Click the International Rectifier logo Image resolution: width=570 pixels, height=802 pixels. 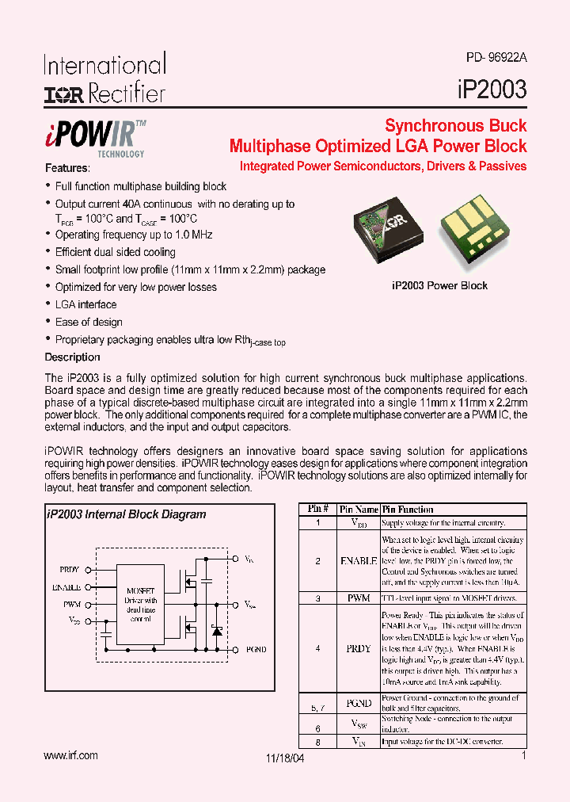coord(104,79)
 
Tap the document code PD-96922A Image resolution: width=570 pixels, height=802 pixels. coord(496,58)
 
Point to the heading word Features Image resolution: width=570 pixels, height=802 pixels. coord(67,169)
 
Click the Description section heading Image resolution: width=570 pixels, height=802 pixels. coord(72,357)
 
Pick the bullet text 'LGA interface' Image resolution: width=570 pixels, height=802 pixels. coord(85,304)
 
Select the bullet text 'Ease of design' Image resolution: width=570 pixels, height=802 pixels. coord(89,322)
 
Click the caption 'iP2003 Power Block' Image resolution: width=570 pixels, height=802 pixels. coord(439,285)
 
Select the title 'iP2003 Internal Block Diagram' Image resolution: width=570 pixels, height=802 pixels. coord(127,514)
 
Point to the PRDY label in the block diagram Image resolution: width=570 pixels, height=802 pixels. coord(70,570)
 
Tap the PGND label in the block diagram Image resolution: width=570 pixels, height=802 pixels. coord(256,650)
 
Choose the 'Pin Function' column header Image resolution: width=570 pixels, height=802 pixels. coord(408,510)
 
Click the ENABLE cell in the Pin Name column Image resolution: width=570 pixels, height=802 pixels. coord(358,560)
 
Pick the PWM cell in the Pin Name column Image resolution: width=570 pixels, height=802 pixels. coord(358,598)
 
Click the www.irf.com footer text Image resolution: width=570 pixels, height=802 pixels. coord(71,756)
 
